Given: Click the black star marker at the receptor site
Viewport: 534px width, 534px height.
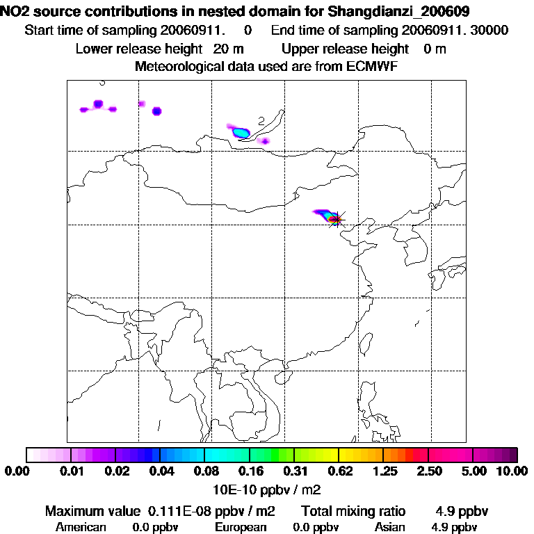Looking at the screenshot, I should [336, 220].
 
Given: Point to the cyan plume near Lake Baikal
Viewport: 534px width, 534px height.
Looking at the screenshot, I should [241, 131].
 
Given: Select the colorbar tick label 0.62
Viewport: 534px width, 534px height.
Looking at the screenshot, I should [339, 471].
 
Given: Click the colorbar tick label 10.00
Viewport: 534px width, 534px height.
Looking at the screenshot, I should [511, 471].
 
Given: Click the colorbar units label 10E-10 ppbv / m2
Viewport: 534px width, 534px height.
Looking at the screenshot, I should [268, 487].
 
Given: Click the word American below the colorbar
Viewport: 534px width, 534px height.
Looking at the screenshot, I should [81, 527].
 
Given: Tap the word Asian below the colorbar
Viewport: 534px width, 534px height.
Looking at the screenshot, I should [389, 527].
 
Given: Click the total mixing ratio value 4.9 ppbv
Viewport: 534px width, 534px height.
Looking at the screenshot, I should [462, 512].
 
